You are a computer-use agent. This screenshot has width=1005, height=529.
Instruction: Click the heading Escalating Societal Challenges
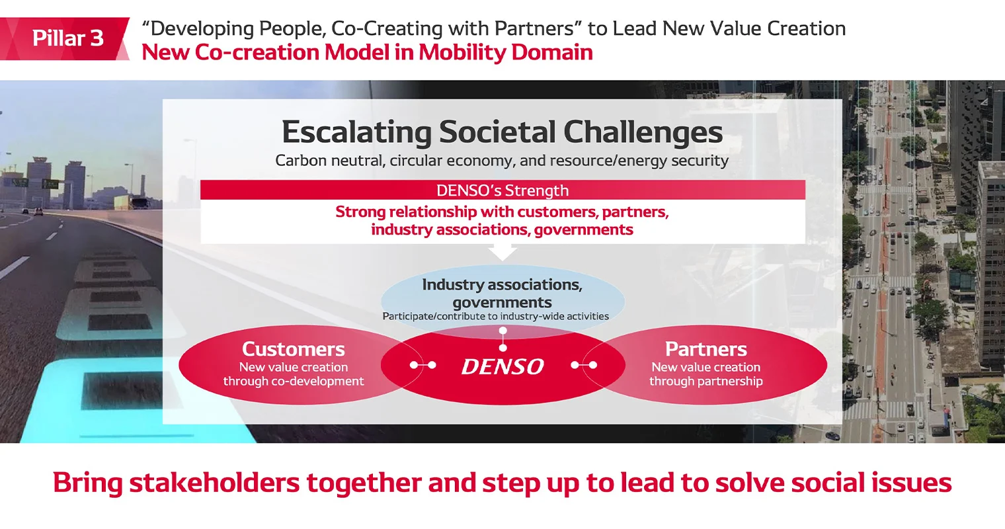(x=502, y=132)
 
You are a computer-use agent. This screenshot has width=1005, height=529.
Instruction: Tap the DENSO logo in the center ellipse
(x=502, y=366)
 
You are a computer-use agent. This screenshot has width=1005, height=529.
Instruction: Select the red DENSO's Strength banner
(x=502, y=190)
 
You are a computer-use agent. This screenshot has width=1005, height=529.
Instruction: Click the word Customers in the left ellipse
(x=293, y=348)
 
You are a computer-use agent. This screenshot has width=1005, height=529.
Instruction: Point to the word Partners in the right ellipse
(x=705, y=348)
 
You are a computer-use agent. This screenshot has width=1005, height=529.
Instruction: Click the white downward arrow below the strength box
(x=502, y=251)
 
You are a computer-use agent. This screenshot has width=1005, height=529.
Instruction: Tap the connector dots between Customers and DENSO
(x=422, y=365)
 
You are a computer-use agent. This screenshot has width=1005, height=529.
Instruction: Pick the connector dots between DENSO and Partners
(x=584, y=365)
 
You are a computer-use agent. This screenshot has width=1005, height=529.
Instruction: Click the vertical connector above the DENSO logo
(x=502, y=339)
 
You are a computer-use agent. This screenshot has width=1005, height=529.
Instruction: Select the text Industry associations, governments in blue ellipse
(x=502, y=293)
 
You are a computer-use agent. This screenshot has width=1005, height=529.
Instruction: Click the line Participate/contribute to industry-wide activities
(x=495, y=316)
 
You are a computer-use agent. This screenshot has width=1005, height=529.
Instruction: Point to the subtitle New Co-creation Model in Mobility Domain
(x=367, y=52)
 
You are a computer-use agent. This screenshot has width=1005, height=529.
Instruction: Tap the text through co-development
(x=293, y=382)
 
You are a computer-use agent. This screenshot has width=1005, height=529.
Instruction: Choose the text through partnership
(x=705, y=382)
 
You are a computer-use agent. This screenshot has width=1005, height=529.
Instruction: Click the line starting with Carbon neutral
(x=502, y=161)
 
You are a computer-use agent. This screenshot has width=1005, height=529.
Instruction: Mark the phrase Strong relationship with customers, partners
(x=502, y=212)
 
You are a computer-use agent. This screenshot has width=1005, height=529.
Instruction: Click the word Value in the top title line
(x=727, y=28)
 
